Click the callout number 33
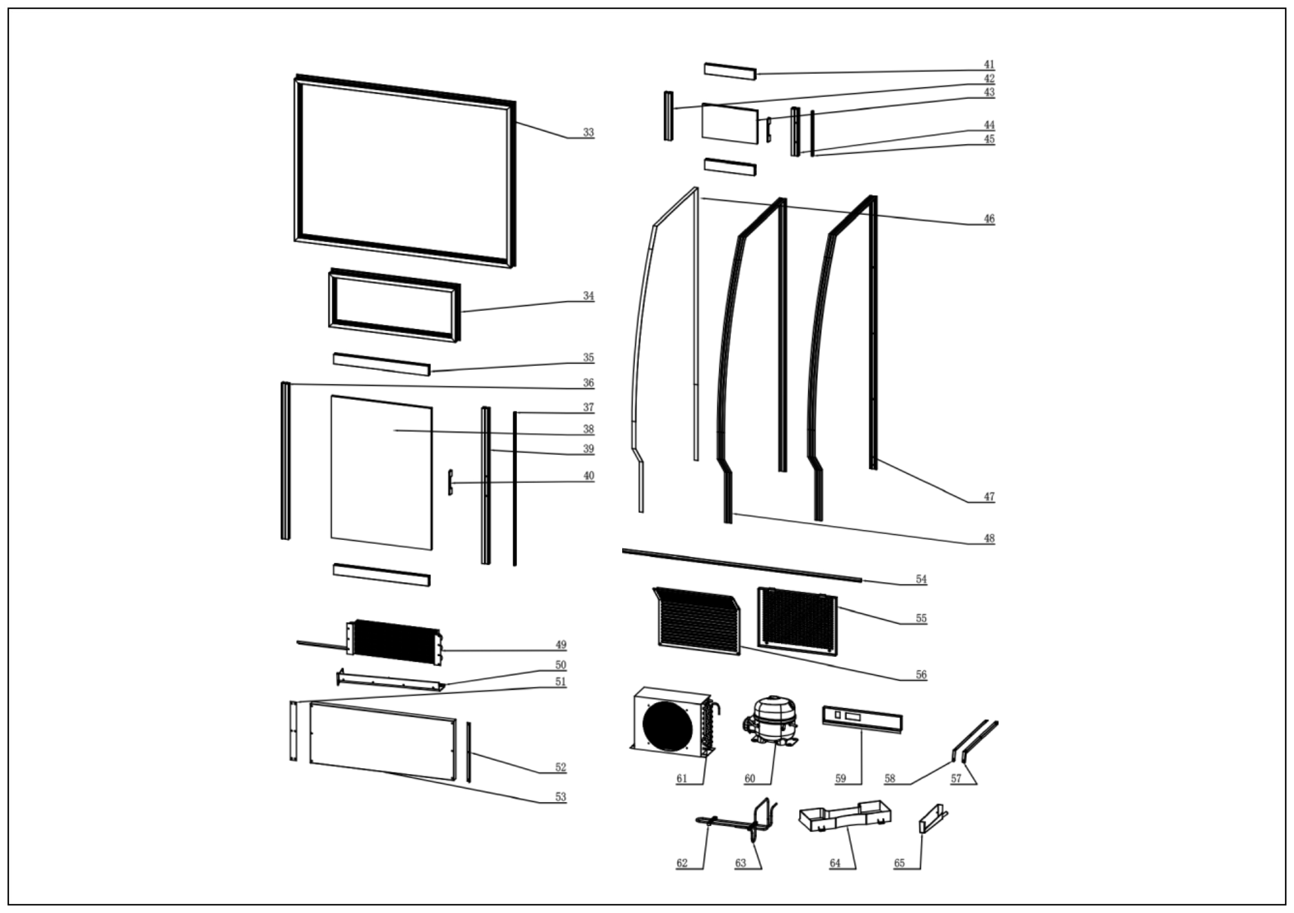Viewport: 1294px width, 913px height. (x=588, y=133)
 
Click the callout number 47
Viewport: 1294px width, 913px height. (x=989, y=497)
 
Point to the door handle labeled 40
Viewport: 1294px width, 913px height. (x=450, y=482)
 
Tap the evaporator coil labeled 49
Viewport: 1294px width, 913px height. (x=395, y=641)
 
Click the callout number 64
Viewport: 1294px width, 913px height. (x=835, y=863)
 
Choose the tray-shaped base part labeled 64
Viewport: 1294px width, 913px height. (x=844, y=817)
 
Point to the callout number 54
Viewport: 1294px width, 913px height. (x=921, y=579)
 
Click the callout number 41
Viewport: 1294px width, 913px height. (x=989, y=65)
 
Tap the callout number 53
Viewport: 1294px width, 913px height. (x=560, y=797)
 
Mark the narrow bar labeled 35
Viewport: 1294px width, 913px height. (x=381, y=364)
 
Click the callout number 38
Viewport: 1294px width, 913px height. (x=588, y=429)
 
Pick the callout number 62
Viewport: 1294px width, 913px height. (x=682, y=863)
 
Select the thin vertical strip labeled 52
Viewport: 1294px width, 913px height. (x=469, y=752)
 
